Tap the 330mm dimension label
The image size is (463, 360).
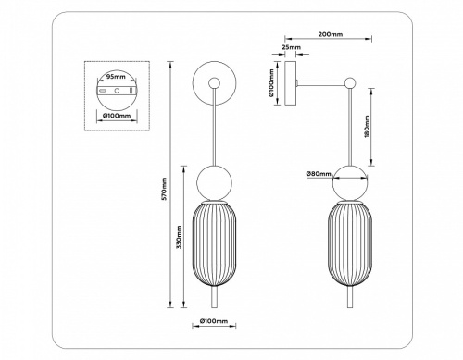(x=178, y=244)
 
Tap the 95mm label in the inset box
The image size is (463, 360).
(x=116, y=77)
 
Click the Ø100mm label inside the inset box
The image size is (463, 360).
(x=116, y=118)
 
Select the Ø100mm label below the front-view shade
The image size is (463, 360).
(x=214, y=322)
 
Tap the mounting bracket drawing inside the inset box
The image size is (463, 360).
(x=116, y=93)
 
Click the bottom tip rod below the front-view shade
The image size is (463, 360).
(x=214, y=298)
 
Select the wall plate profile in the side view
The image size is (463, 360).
(x=294, y=85)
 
